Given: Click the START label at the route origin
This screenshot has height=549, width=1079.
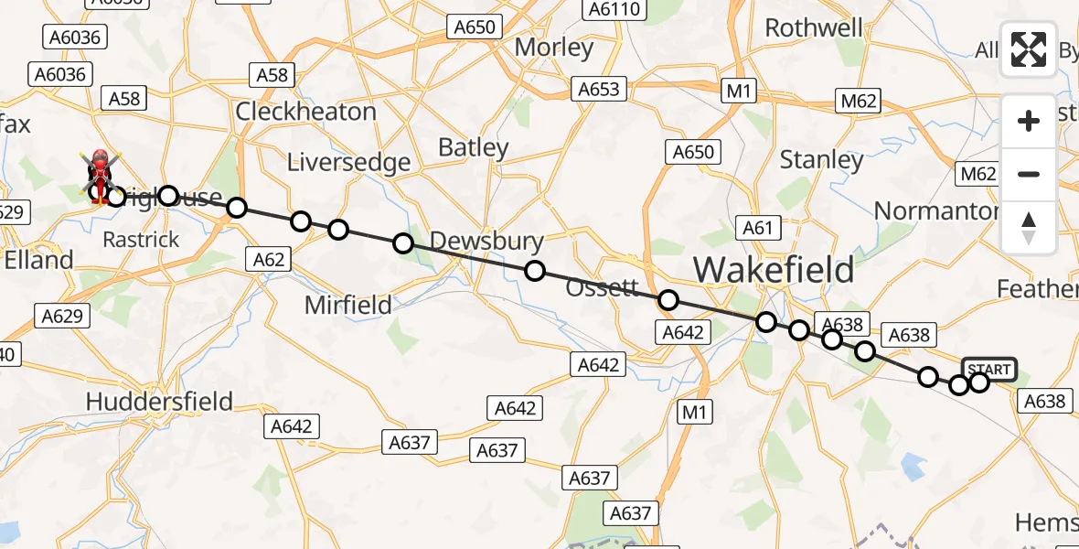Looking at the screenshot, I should pyautogui.click(x=988, y=370).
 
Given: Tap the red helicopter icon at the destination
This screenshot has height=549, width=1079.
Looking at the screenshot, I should pyautogui.click(x=99, y=174).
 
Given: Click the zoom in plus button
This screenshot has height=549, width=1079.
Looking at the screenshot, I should pyautogui.click(x=1029, y=121).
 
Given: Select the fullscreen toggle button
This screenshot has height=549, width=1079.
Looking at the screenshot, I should pyautogui.click(x=1029, y=49).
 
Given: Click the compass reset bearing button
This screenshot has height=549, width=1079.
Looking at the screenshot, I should pyautogui.click(x=1029, y=227).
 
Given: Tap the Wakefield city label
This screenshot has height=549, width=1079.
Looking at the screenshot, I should pyautogui.click(x=774, y=270).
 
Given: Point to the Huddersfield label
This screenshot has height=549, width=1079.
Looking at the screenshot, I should pyautogui.click(x=159, y=401).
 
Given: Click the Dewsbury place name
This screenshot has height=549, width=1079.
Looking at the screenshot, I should pyautogui.click(x=486, y=242).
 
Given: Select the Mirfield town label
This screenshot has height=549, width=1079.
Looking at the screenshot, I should pyautogui.click(x=348, y=305).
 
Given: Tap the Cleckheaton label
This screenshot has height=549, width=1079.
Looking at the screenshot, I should pyautogui.click(x=305, y=112).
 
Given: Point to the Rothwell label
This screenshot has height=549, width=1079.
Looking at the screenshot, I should pyautogui.click(x=813, y=28).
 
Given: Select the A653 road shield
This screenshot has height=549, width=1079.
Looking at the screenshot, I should pyautogui.click(x=599, y=90).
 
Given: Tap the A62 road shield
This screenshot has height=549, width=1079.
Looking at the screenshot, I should pyautogui.click(x=269, y=260).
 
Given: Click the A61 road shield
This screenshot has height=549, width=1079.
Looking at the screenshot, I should pyautogui.click(x=758, y=229).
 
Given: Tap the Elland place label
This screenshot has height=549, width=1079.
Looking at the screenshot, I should pyautogui.click(x=38, y=260).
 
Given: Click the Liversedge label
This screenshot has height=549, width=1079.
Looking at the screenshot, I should pyautogui.click(x=348, y=163).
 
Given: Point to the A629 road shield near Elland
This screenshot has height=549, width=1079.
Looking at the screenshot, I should pyautogui.click(x=63, y=317).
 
